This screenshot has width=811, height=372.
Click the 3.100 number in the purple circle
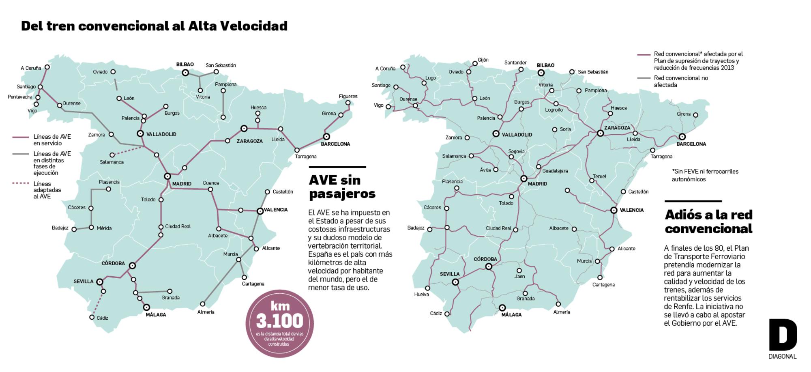[x=279, y=321]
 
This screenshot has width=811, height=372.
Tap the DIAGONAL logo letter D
[x=783, y=335]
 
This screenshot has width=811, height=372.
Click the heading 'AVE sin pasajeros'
[x=342, y=187]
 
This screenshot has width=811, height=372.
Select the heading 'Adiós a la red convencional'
[x=708, y=221]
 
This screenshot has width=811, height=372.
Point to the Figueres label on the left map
[x=348, y=97]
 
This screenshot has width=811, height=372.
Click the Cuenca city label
[x=210, y=183]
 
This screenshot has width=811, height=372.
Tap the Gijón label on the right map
[x=483, y=60]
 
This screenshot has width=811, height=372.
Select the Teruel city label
[x=599, y=176]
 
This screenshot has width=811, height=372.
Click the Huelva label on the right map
[x=421, y=295]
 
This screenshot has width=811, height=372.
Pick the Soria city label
[x=565, y=129]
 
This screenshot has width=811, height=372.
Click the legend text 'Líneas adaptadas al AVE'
[x=47, y=190]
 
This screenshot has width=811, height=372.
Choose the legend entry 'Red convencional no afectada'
[x=680, y=82]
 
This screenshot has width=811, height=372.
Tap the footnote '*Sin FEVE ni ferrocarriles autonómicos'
[x=705, y=175]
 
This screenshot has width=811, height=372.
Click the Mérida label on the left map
[x=104, y=228]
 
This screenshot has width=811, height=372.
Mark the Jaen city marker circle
[x=519, y=270]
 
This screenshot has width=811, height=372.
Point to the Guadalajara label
[x=555, y=171]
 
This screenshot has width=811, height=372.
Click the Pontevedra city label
[x=19, y=97]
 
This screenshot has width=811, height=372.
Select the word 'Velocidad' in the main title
[x=254, y=26]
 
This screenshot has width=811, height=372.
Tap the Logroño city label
[x=554, y=110]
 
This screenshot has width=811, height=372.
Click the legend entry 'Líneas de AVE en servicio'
[x=52, y=140]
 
